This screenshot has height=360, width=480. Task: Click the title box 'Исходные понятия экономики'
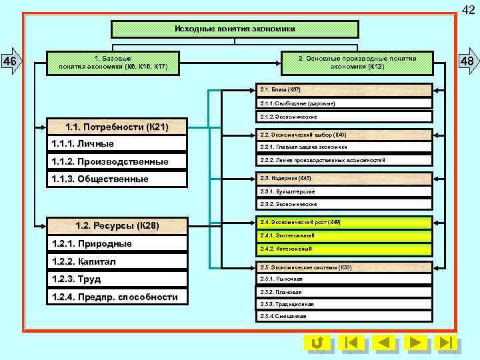coord(235,29)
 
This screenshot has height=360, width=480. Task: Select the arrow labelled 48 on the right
coord(467,63)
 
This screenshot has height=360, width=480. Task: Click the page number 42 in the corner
coord(469,8)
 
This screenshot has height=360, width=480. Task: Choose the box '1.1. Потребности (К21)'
coord(117,127)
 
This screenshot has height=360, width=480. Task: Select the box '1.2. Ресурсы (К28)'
coord(117,226)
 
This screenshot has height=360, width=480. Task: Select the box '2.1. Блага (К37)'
coord(345,89)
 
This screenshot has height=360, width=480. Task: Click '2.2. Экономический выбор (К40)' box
coord(345,135)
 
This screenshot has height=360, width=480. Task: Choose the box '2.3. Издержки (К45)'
coord(345,179)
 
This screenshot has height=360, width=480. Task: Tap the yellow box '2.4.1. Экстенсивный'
coord(345,235)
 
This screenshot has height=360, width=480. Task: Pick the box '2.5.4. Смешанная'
coord(345,316)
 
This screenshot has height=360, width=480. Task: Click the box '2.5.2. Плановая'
coord(345,292)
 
